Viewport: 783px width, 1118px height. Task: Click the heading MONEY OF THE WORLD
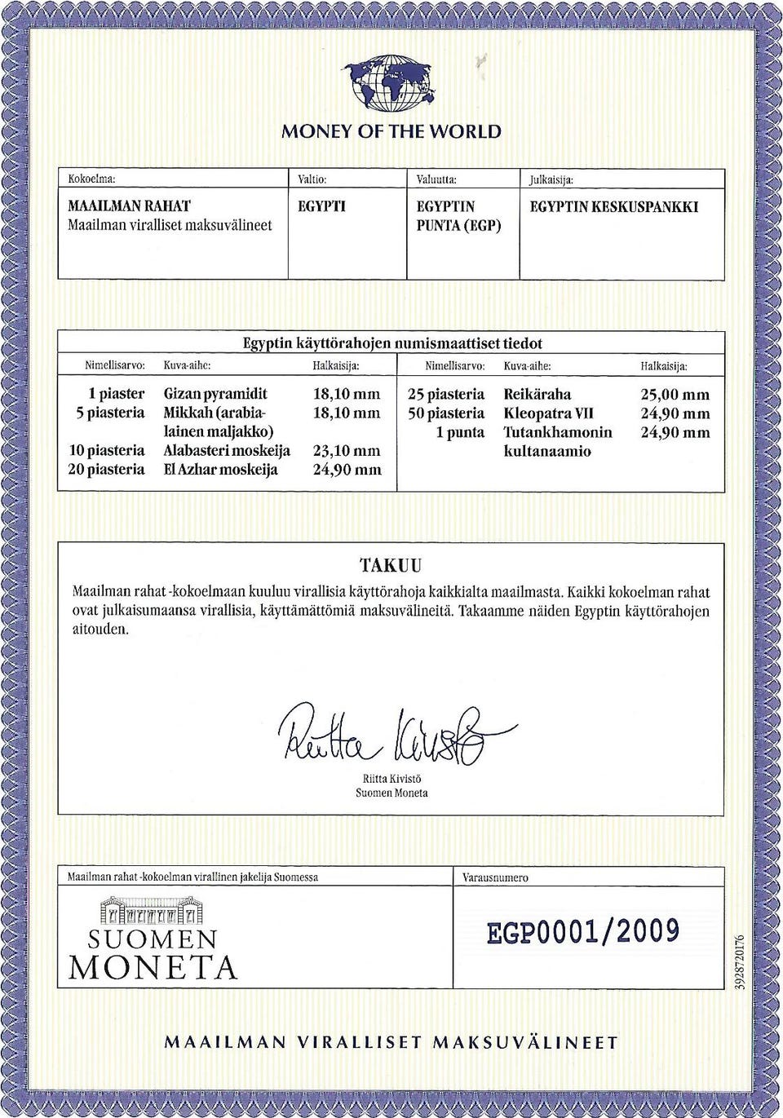click(x=391, y=131)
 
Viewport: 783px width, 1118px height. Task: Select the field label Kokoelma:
click(x=91, y=179)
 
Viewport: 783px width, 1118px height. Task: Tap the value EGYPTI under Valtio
click(x=321, y=206)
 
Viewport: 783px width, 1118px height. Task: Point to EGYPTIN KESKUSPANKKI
click(x=613, y=207)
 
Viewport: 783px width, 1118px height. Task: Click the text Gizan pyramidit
click(x=215, y=394)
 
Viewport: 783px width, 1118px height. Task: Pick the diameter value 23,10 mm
click(x=347, y=450)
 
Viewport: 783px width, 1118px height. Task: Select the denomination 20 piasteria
click(x=106, y=469)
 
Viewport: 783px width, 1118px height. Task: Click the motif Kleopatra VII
click(x=548, y=413)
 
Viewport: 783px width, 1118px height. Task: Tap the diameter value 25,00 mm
click(x=675, y=395)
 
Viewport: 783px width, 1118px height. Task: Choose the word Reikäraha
click(x=537, y=395)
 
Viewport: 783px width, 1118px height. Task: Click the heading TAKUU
click(x=391, y=565)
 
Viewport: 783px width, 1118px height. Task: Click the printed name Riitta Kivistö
click(x=391, y=779)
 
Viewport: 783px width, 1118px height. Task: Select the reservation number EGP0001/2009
click(x=583, y=931)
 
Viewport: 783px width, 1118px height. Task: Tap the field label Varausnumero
click(x=495, y=877)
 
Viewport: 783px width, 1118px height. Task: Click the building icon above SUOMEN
click(x=152, y=911)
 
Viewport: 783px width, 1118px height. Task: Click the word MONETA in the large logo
click(x=153, y=968)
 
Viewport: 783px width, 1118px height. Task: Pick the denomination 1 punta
click(x=459, y=432)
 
